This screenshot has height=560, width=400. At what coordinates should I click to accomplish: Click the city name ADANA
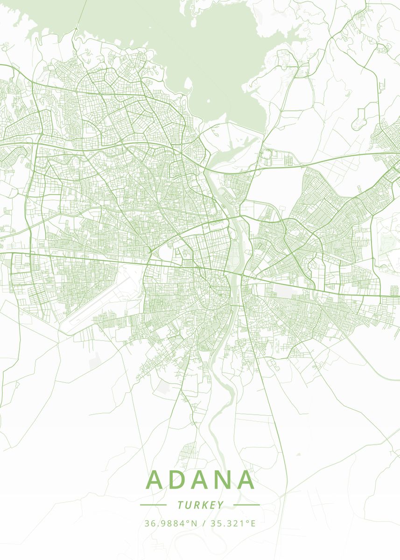click(201, 480)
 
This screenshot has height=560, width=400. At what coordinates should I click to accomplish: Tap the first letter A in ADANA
click(157, 480)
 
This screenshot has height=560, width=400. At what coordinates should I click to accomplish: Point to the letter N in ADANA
click(223, 480)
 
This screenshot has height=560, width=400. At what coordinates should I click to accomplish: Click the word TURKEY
click(201, 505)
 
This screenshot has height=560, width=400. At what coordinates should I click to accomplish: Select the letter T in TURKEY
click(180, 505)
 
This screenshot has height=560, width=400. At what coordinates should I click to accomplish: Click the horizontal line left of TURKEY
click(153, 505)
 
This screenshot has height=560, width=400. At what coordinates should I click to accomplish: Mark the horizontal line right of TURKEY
click(246, 505)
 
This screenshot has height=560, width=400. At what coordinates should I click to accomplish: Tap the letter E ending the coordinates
click(253, 523)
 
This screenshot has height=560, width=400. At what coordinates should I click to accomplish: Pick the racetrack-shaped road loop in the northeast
click(360, 119)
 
